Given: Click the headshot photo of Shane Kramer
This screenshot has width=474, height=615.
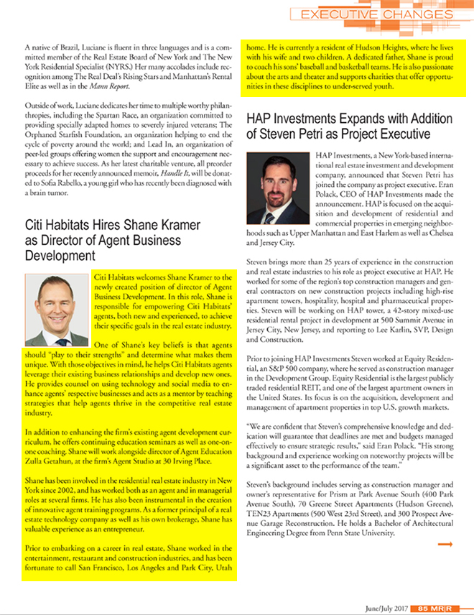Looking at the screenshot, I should coord(57,310).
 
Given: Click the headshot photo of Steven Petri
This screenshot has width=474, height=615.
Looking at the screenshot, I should coord(276,190).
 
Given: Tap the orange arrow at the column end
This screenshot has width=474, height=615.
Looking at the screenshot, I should coord(445,544).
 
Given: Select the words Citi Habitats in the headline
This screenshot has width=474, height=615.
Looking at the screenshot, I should coord(58,225).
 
